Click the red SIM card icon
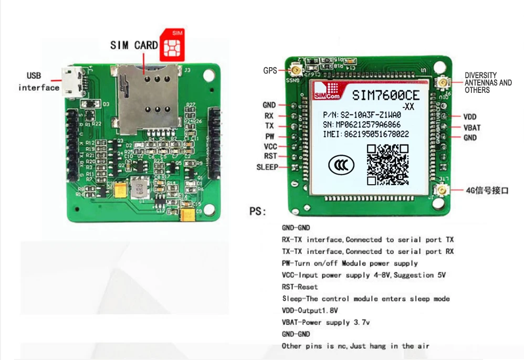173,44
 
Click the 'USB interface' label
38,82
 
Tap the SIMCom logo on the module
326,91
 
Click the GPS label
270,70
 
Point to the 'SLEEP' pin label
267,167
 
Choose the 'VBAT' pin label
471,128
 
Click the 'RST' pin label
270,156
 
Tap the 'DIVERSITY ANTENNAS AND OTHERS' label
488,83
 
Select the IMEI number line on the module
365,134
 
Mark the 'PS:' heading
258,212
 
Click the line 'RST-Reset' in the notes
300,287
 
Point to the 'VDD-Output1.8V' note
310,311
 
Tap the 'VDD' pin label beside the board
469,117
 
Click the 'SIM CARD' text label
134,46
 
